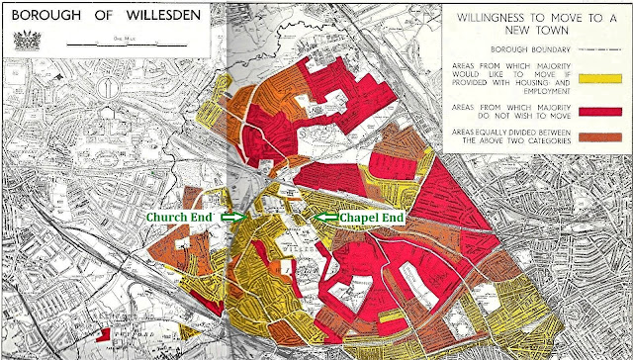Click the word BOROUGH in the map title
pyautogui.click(x=45, y=15)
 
